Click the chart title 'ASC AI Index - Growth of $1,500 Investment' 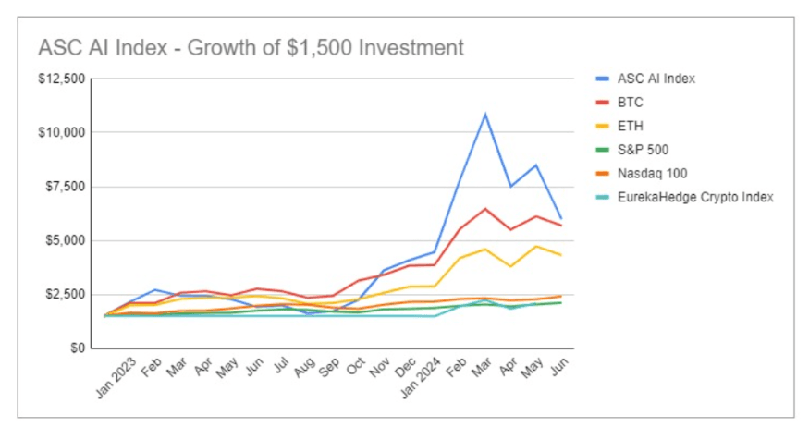tap(250, 46)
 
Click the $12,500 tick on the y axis tap(62, 79)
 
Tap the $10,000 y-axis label tap(62, 132)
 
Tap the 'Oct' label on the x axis tap(355, 366)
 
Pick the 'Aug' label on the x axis tap(303, 366)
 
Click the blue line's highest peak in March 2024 tap(485, 115)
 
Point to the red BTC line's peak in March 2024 tap(485, 208)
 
